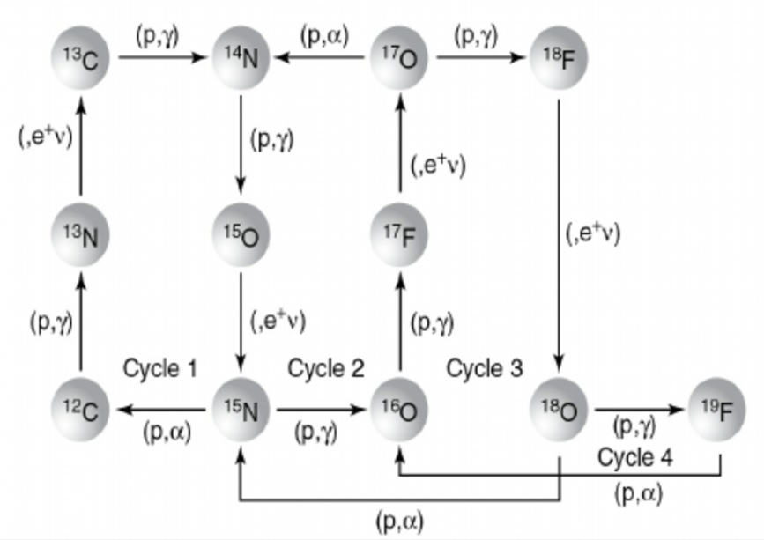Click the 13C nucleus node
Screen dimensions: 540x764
click(81, 58)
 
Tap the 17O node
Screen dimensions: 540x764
click(398, 58)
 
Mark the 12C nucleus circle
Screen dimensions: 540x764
click(81, 410)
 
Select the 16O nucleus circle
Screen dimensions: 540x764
click(398, 410)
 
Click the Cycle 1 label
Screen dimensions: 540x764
click(159, 368)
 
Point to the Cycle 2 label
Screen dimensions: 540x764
click(326, 368)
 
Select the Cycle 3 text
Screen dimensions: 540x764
click(485, 368)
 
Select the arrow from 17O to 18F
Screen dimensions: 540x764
click(479, 58)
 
